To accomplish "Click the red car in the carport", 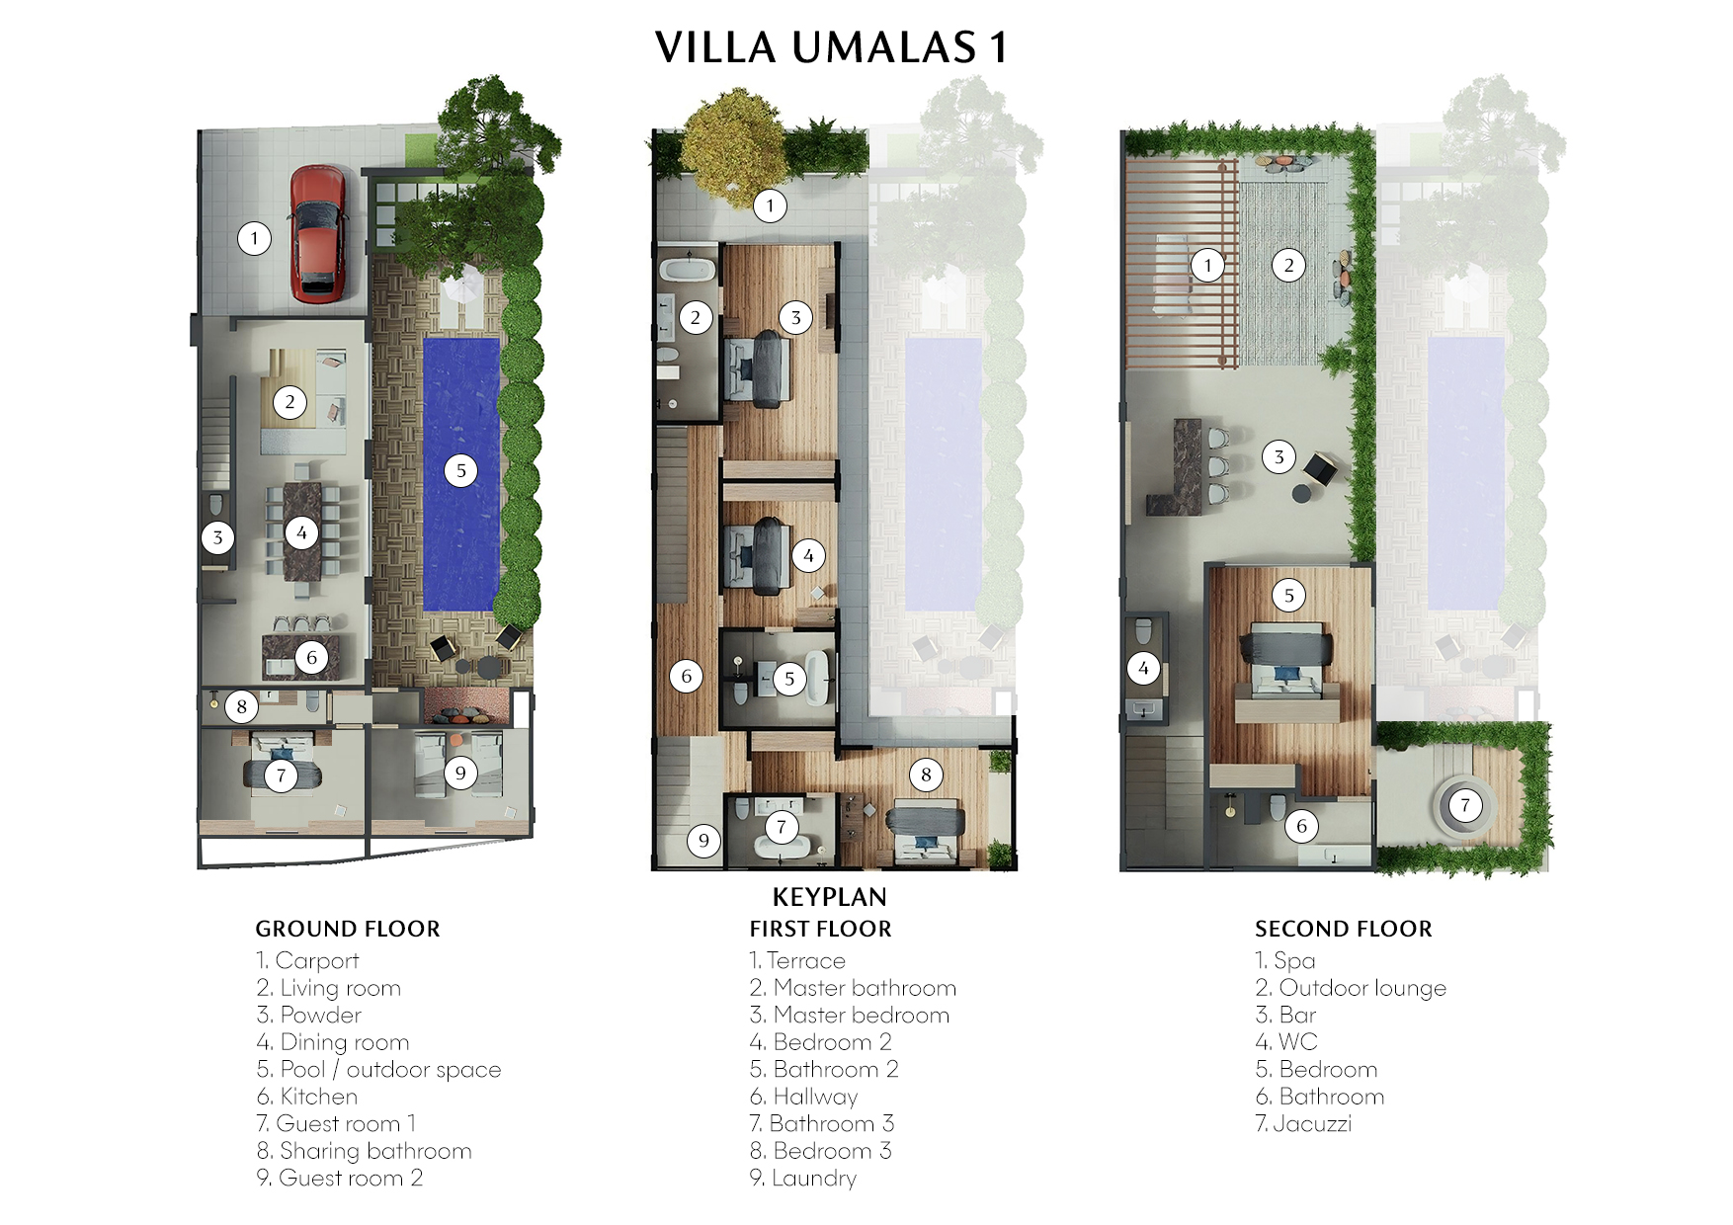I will pyautogui.click(x=318, y=232).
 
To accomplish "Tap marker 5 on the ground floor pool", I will pyautogui.click(x=460, y=470).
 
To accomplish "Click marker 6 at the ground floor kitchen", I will pyautogui.click(x=311, y=657).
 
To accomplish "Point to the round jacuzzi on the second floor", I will pyautogui.click(x=1465, y=806).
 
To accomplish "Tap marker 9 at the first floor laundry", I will pyautogui.click(x=703, y=841).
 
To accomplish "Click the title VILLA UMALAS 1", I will pyautogui.click(x=831, y=47).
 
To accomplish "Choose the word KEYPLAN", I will pyautogui.click(x=829, y=897).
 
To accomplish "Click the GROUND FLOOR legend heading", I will pyautogui.click(x=348, y=929).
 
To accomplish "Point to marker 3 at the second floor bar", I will pyautogui.click(x=1279, y=456).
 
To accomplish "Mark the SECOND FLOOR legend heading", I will pyautogui.click(x=1343, y=929).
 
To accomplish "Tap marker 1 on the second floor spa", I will pyautogui.click(x=1207, y=265).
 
